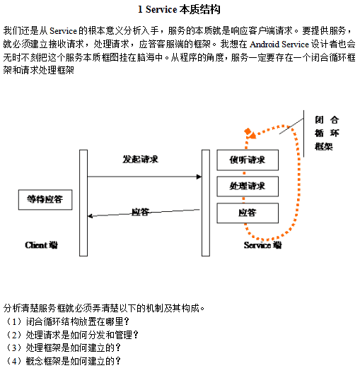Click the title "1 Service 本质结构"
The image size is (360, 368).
click(x=180, y=10)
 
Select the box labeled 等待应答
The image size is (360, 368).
click(x=45, y=200)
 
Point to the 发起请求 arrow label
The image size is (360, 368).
click(x=140, y=160)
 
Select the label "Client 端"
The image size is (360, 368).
click(x=41, y=245)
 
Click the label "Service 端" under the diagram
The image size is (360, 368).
click(x=262, y=245)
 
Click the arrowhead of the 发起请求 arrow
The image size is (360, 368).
click(x=198, y=177)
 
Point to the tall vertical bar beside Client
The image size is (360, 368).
click(x=83, y=202)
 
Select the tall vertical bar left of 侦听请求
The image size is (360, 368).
click(x=205, y=202)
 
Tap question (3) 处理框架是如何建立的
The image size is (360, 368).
click(x=63, y=348)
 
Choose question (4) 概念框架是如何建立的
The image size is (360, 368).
click(x=63, y=361)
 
